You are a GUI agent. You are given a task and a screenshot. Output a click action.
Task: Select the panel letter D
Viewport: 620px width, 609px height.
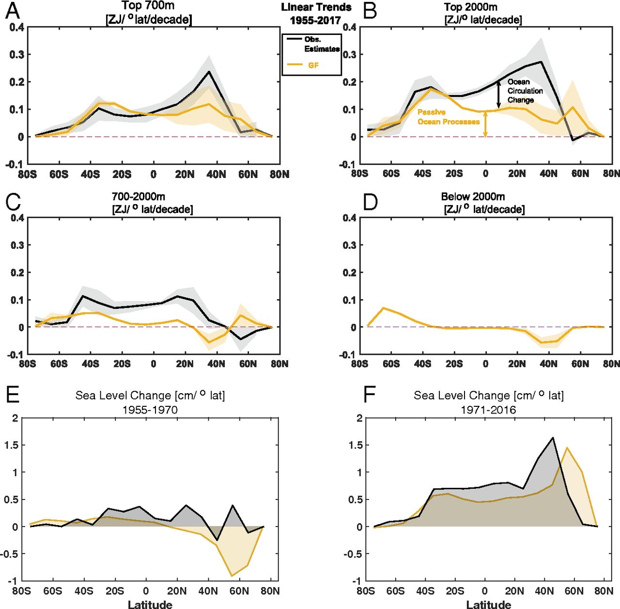point(370,201)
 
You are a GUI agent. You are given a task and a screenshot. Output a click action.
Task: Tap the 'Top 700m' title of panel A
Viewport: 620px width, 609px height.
point(148,6)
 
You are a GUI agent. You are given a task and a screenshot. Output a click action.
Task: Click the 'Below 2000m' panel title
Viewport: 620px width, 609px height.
point(473,197)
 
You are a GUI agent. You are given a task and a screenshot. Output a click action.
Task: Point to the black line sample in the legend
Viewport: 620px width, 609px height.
point(294,39)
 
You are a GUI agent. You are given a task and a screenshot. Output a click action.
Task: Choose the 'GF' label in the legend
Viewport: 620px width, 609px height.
point(313,65)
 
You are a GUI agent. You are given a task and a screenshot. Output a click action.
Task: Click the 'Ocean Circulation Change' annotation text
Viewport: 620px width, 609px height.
point(525,91)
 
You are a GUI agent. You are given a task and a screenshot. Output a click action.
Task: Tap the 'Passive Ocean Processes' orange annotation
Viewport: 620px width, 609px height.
point(448,117)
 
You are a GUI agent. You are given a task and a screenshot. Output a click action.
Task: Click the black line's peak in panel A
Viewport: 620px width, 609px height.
point(209,72)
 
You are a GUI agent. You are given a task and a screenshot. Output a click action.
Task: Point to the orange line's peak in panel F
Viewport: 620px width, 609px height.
point(567,448)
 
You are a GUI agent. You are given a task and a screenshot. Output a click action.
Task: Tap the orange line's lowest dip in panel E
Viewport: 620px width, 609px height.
point(232,576)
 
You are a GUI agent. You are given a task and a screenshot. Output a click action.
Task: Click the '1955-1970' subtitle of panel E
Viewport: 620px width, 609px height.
point(150,410)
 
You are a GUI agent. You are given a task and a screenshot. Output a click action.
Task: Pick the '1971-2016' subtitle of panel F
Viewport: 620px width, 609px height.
point(488,410)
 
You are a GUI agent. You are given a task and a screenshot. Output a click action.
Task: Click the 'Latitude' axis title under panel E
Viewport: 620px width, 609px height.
point(150,604)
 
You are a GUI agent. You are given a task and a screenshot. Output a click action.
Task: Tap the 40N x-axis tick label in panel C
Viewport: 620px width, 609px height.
point(216,364)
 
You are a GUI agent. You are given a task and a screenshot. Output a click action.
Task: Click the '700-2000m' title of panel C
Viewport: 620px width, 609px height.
point(139,197)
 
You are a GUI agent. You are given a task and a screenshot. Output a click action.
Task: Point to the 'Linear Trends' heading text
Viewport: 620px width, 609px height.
point(316,7)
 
